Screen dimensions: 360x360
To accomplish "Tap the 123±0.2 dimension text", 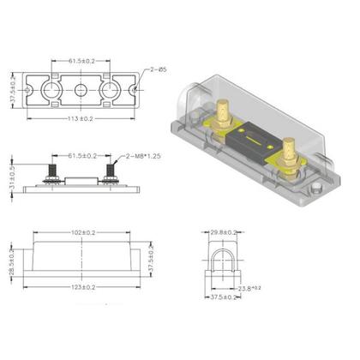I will point(81,287).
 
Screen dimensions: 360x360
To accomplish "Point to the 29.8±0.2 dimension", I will point(222,231).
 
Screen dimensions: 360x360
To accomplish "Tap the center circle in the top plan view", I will point(81,90).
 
